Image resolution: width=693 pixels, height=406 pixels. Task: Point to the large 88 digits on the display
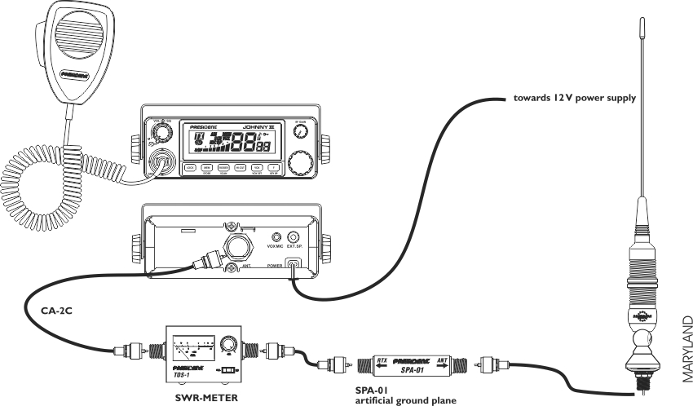[245, 146]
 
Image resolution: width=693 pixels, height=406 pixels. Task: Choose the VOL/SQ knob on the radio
[160, 131]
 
